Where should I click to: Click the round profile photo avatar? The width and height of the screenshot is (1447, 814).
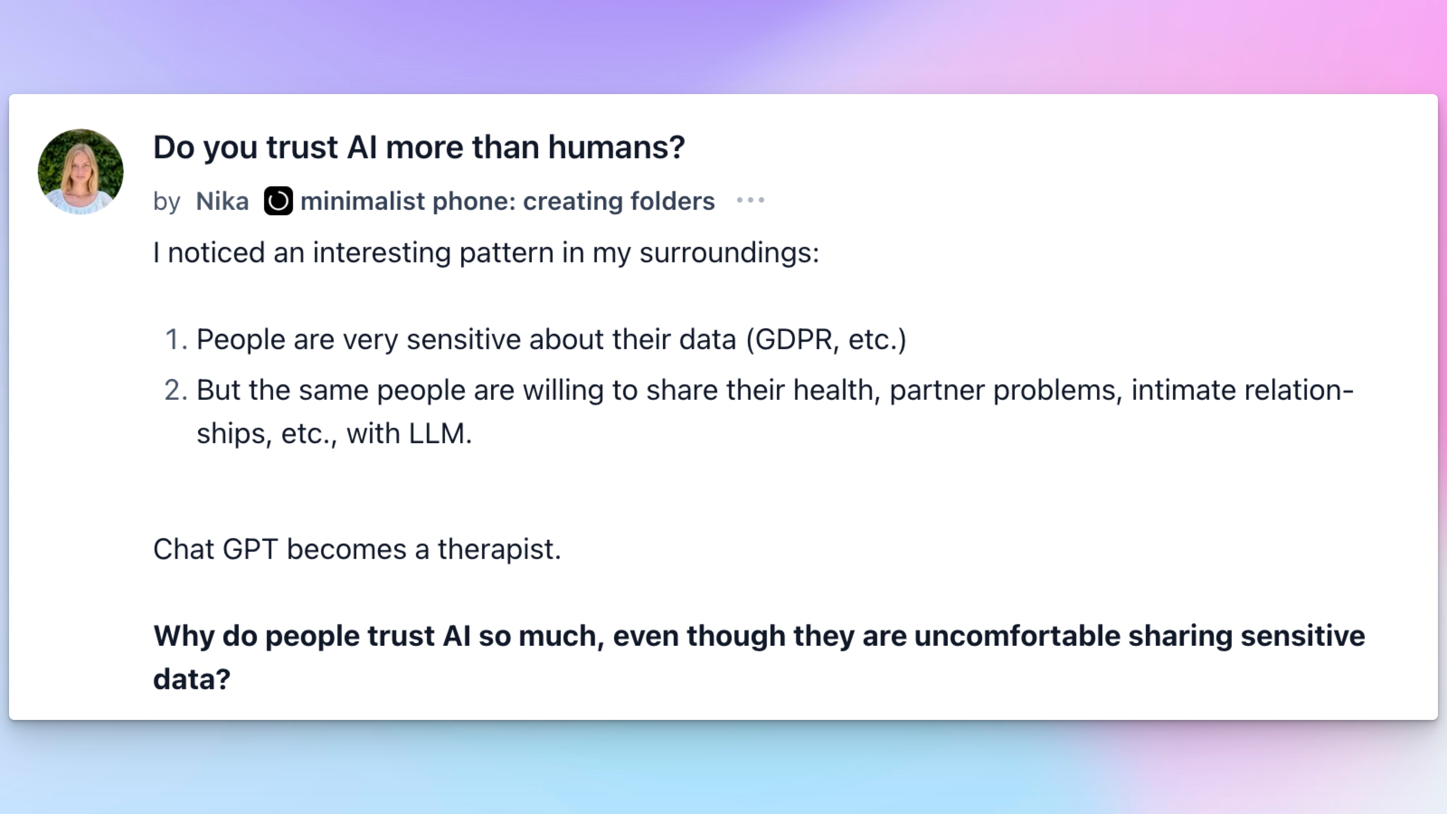pyautogui.click(x=80, y=171)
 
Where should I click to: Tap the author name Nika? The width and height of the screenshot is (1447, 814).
pyautogui.click(x=222, y=201)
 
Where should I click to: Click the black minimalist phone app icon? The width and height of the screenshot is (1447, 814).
pyautogui.click(x=278, y=200)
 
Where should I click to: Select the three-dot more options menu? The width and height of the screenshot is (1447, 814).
pyautogui.click(x=751, y=200)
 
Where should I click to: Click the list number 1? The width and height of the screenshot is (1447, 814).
pyautogui.click(x=176, y=339)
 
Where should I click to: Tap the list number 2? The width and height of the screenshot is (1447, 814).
pyautogui.click(x=176, y=390)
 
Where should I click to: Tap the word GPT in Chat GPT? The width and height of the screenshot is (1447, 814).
pyautogui.click(x=250, y=549)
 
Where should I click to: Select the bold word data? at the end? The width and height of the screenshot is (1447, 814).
pyautogui.click(x=192, y=679)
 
